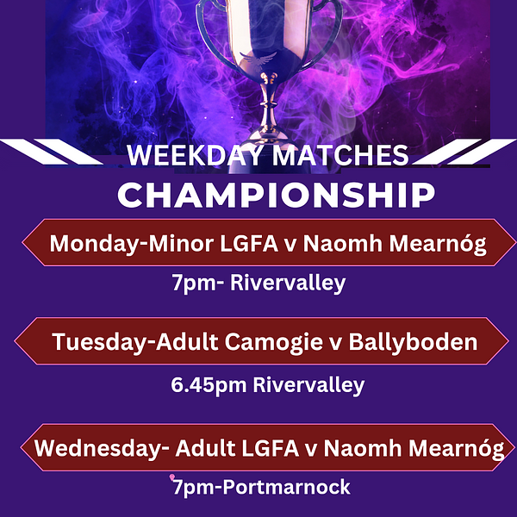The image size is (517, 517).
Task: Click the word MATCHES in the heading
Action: click(340, 155)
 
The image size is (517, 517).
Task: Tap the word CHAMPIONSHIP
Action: click(277, 195)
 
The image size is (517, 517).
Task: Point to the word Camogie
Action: click(274, 343)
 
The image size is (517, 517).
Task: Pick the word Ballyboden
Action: click(413, 342)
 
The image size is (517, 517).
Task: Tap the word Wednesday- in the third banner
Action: click(102, 448)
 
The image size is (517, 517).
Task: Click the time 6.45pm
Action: click(209, 385)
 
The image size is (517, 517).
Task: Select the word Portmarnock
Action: click(287, 487)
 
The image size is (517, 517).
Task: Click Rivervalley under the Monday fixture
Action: click(288, 283)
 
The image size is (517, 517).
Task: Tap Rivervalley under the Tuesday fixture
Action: click(308, 385)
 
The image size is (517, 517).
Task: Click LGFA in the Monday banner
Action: click(249, 244)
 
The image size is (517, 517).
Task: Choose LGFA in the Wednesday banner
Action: click(270, 448)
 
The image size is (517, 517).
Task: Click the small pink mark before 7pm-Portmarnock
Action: click(172, 477)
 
